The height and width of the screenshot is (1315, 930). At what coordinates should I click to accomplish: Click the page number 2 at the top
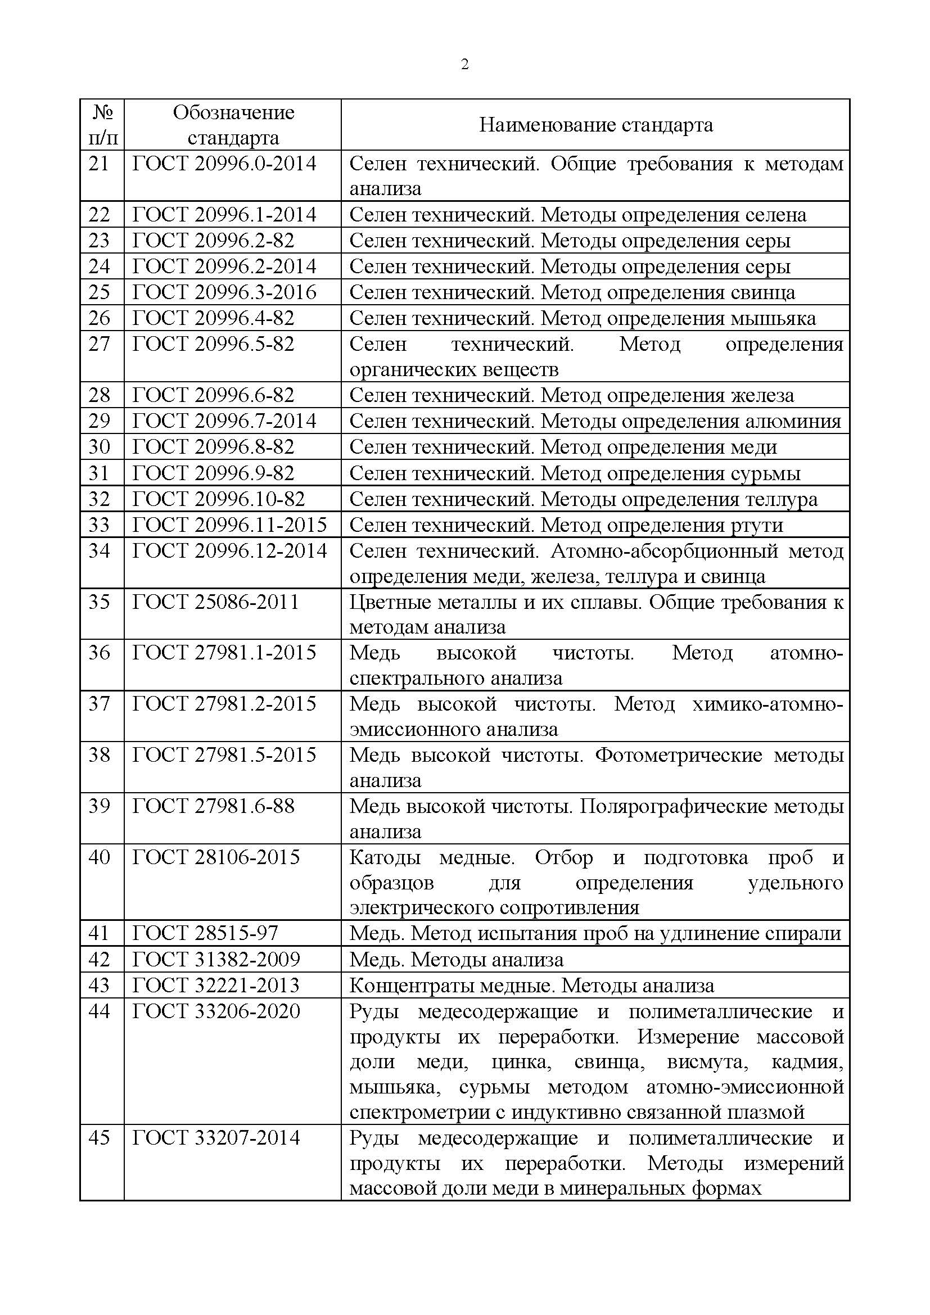(x=464, y=65)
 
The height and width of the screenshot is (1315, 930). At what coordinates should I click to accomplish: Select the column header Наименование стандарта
(x=595, y=125)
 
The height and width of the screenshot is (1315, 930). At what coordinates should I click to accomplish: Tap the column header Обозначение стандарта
(x=233, y=125)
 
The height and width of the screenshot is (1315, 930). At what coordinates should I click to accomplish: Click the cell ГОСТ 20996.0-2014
(x=224, y=164)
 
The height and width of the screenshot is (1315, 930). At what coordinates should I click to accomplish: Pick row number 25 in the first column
(x=99, y=293)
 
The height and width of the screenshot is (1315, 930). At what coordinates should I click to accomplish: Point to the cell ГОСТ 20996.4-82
(x=213, y=318)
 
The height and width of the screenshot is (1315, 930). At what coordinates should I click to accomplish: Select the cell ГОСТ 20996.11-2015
(x=229, y=525)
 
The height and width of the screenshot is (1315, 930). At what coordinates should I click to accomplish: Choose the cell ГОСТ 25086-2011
(x=216, y=602)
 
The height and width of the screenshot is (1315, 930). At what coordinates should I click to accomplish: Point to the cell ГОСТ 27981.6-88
(x=213, y=806)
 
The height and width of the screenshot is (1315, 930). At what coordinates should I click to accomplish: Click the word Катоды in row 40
(x=385, y=858)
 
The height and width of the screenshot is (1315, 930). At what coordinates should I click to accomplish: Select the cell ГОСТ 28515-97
(x=205, y=934)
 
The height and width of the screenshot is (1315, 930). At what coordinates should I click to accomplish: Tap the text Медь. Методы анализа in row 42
(x=457, y=959)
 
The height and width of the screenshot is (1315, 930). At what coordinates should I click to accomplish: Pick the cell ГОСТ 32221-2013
(x=216, y=985)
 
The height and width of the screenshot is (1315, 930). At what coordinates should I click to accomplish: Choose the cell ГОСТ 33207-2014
(x=216, y=1137)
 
